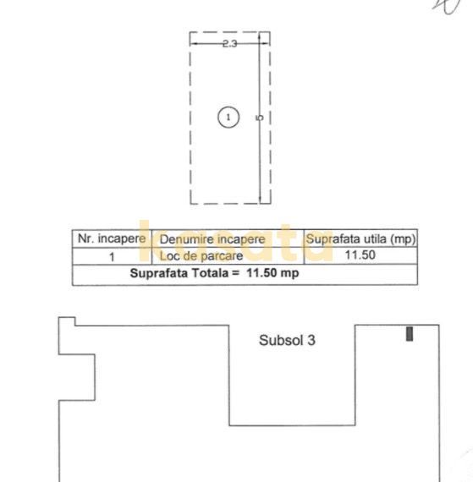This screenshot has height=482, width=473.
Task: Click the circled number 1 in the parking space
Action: [228, 117]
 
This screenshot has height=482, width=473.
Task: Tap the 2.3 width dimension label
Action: [229, 43]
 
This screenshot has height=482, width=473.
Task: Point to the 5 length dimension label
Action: [260, 118]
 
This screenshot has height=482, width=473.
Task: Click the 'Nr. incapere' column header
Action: [111, 239]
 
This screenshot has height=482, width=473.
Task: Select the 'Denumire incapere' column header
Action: [212, 239]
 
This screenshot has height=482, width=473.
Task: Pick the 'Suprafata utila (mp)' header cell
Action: [360, 239]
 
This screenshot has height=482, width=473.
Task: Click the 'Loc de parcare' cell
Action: [201, 255]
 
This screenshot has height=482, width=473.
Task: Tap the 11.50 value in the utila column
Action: [361, 255]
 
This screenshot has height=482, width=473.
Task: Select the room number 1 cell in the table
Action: [111, 255]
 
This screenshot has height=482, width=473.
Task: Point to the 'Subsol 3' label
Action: [287, 341]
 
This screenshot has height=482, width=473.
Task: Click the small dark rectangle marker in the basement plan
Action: [410, 333]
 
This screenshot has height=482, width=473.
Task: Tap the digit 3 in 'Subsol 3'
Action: [311, 341]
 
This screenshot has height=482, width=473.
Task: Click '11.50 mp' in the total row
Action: [272, 273]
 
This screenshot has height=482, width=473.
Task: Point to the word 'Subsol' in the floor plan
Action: [280, 341]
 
